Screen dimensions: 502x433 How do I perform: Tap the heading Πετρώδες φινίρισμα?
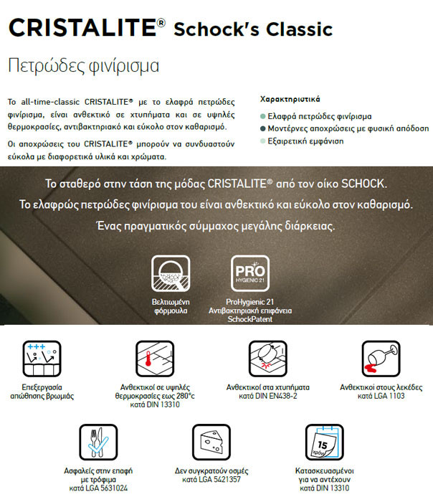[82, 65]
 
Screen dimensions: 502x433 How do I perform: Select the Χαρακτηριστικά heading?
[290, 99]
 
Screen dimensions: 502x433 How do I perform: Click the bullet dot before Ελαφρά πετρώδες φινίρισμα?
[263, 116]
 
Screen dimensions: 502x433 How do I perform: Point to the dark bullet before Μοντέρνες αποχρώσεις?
[263, 128]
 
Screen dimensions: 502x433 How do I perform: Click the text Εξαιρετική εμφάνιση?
[306, 141]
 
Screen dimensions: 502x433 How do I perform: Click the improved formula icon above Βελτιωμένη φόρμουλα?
[169, 273]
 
